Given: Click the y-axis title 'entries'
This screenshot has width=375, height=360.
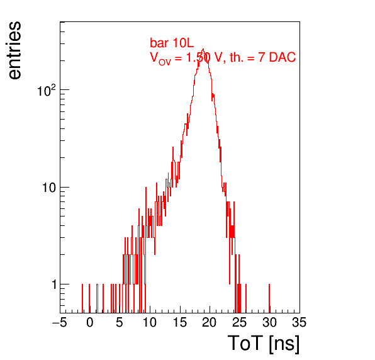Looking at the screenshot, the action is tap(15, 50).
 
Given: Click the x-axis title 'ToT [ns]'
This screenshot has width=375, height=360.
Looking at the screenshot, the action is tap(264, 344).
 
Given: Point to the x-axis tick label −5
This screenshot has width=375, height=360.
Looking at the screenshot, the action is tap(60, 322).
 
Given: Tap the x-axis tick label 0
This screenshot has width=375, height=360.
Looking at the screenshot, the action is tap(90, 322).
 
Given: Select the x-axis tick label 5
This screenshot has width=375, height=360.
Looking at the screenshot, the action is tap(120, 322).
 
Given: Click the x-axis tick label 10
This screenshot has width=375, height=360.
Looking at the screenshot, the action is tap(150, 322).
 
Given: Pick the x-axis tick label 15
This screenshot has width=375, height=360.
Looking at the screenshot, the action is tap(179, 322).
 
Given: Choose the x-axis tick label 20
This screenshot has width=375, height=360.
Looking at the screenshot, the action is tap(210, 322).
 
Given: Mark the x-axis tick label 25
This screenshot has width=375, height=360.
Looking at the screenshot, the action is tap(239, 322).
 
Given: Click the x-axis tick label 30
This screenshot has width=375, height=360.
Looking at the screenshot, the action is tap(269, 322).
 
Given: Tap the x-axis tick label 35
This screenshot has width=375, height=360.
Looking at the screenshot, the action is tap(299, 322).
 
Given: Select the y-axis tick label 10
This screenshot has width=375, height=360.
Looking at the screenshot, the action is tap(49, 188).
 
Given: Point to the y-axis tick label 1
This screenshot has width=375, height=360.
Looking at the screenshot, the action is tap(54, 284).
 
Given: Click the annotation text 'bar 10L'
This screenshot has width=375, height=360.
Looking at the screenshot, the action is tap(172, 43).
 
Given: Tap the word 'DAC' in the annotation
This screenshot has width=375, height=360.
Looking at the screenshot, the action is tap(283, 57).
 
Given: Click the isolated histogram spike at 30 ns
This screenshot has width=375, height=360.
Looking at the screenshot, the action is tap(269, 298).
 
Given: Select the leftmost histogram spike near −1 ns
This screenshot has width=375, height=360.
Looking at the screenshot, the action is tap(82, 298).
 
